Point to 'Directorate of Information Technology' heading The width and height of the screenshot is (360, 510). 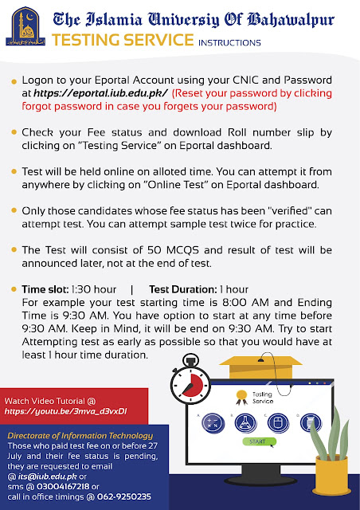80,436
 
